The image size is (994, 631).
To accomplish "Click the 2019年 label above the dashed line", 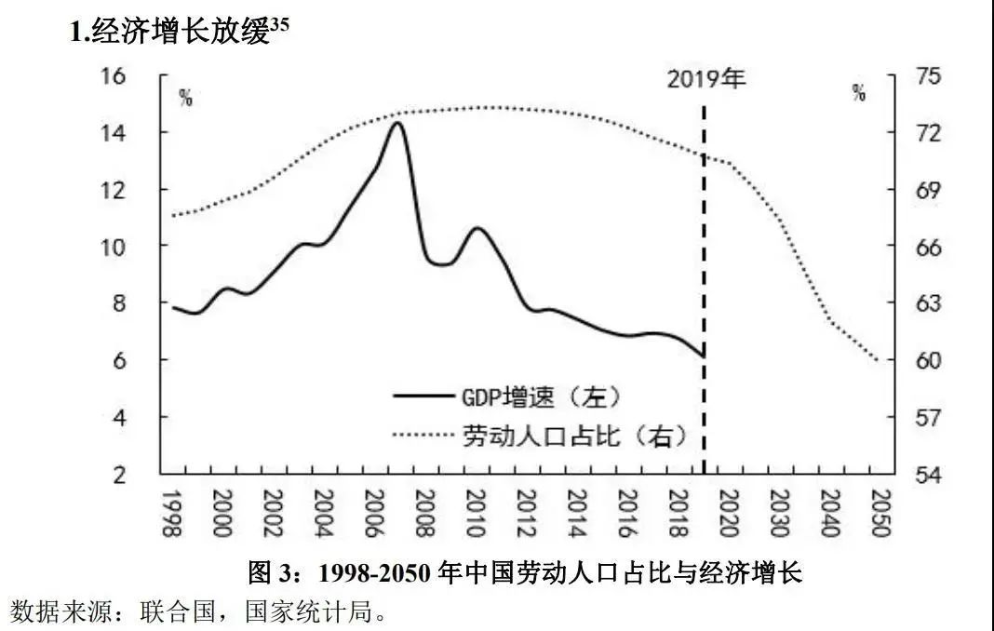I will (706, 78).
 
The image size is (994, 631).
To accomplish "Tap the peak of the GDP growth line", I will (397, 123).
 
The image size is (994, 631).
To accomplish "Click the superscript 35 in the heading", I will (280, 26).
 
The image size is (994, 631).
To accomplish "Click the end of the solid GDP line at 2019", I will (703, 356).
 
